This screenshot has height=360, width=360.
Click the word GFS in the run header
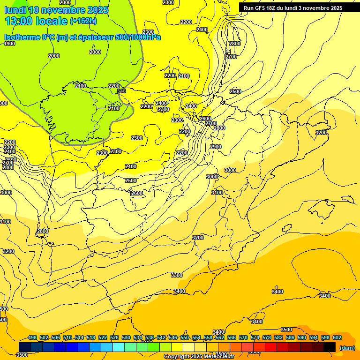point(261,8)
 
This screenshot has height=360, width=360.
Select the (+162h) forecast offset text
point(83,21)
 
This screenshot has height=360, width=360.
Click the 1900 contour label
point(9,44)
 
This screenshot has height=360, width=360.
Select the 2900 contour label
point(216,147)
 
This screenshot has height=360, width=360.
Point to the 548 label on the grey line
point(121,91)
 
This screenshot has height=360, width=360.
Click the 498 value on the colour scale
point(32,337)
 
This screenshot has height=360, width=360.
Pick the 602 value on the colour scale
point(337,337)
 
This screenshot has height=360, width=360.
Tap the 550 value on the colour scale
point(184,337)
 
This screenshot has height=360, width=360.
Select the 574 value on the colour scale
point(255,337)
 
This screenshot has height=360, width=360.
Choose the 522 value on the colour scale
point(102,337)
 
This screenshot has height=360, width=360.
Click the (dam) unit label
point(347,348)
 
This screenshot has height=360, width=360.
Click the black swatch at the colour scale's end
point(330,346)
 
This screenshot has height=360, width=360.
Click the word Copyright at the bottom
point(177,357)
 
